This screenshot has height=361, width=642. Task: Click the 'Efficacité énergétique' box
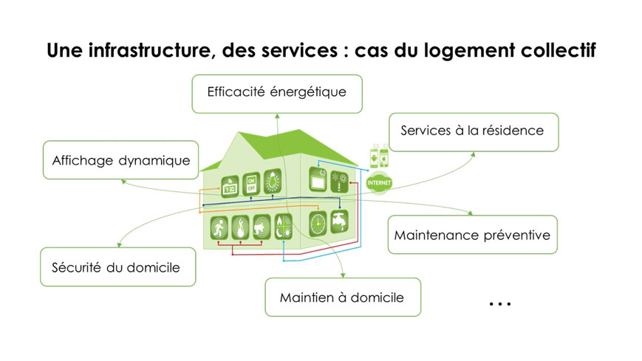[277, 94]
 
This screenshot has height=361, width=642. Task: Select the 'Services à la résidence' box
[474, 132]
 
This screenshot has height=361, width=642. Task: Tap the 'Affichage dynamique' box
[120, 160]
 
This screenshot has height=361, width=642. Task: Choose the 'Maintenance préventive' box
[473, 235]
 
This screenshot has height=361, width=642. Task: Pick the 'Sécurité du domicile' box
[118, 267]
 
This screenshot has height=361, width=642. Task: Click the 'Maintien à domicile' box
[343, 298]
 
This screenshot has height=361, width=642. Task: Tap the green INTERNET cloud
[379, 182]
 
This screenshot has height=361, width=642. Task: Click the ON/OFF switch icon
[251, 184]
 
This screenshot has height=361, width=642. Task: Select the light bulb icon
[273, 181]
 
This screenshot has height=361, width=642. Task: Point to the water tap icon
[339, 221]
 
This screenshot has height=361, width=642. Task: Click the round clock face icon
[318, 224]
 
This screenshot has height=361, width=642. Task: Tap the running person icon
[219, 227]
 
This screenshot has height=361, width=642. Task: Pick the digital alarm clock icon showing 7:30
[230, 187]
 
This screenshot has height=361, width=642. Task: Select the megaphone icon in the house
[262, 227]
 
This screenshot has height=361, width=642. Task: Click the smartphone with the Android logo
[375, 156]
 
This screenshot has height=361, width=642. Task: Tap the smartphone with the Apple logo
[384, 156]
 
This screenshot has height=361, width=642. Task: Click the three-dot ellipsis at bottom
[500, 303]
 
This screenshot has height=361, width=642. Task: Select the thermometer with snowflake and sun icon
[339, 182]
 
